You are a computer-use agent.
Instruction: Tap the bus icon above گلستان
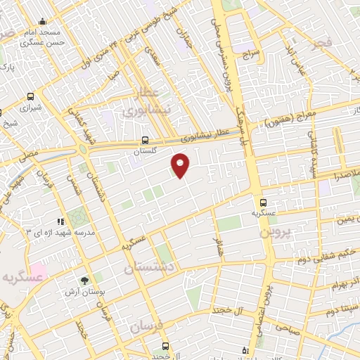tap(145, 140)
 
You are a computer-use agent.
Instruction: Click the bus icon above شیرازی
tap(30, 97)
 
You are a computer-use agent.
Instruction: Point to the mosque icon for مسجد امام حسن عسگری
tap(43, 22)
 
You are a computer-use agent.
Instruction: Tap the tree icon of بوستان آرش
tap(85, 280)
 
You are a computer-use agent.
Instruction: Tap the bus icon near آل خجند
tap(165, 346)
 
